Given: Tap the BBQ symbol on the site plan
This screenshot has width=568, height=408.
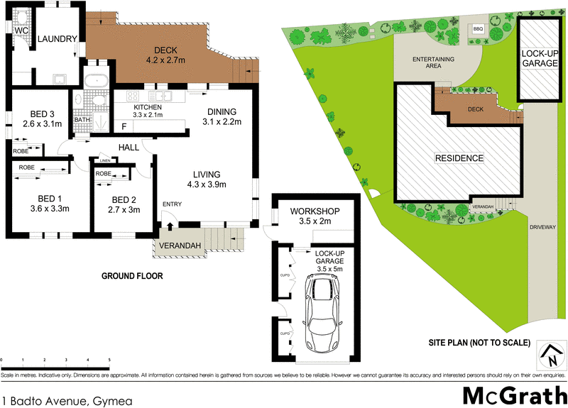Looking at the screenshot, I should pos(478,29).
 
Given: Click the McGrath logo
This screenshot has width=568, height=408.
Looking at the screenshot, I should pos(512,395).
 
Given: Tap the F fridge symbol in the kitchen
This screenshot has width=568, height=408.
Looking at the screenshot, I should pos(124,127).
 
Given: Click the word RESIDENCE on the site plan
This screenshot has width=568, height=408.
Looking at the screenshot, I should pos(459,158).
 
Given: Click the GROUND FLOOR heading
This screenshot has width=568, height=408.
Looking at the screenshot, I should pos(132,276).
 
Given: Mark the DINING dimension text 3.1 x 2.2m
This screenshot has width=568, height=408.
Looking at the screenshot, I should pos(223,122).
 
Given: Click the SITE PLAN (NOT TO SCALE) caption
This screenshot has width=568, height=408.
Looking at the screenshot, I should pos(479,343).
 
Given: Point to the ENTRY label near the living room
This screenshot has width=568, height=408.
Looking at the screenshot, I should pos(172,204).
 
